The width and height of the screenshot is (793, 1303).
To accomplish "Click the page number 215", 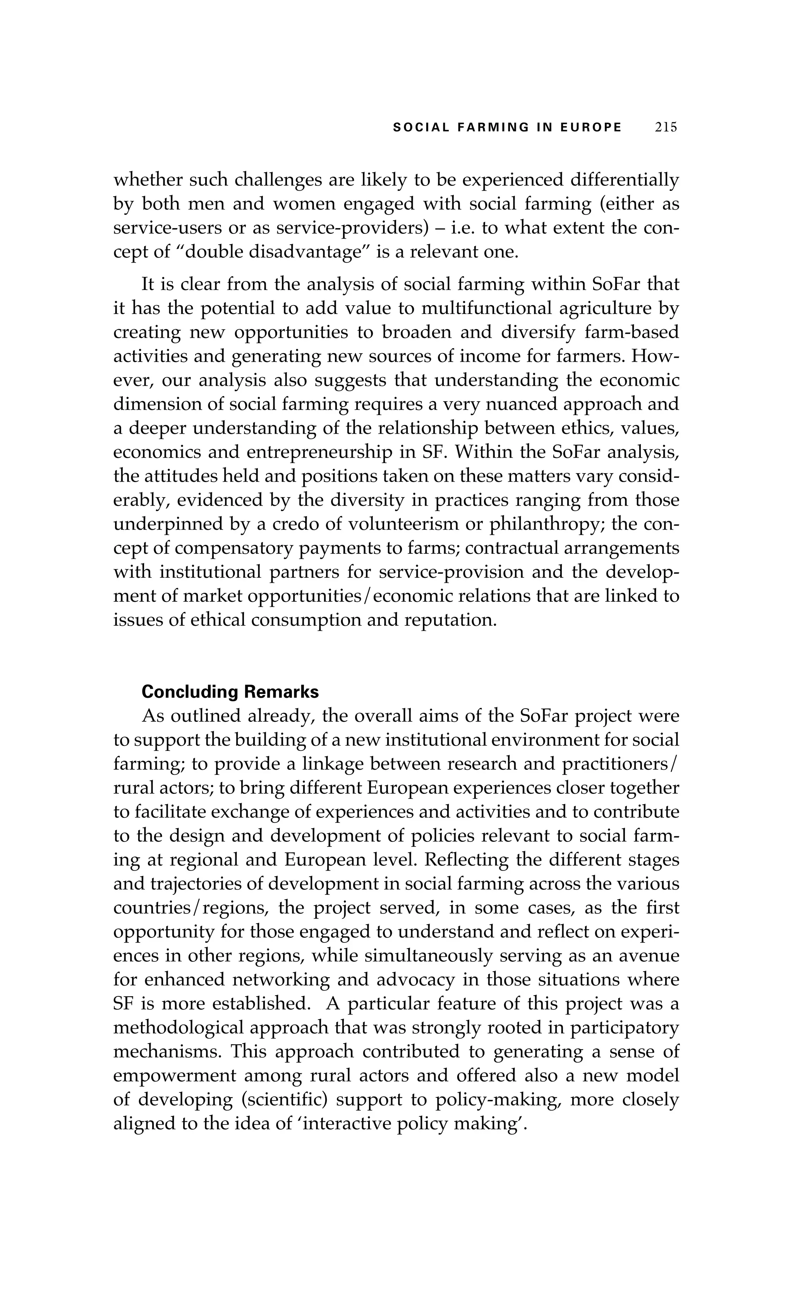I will click(x=666, y=127).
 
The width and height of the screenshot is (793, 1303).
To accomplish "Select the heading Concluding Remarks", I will click(x=230, y=692).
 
